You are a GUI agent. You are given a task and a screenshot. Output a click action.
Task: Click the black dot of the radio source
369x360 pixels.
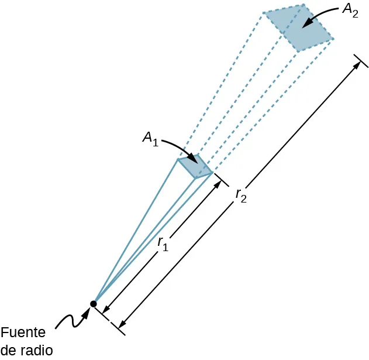93,303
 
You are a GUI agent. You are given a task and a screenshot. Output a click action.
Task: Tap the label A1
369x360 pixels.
151,139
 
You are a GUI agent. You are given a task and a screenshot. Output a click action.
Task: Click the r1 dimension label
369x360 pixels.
164,244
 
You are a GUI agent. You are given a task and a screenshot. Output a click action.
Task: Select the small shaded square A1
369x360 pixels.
195,166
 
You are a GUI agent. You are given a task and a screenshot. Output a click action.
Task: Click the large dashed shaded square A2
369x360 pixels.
298,28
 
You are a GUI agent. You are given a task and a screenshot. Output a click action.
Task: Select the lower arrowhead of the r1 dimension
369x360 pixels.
104,311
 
